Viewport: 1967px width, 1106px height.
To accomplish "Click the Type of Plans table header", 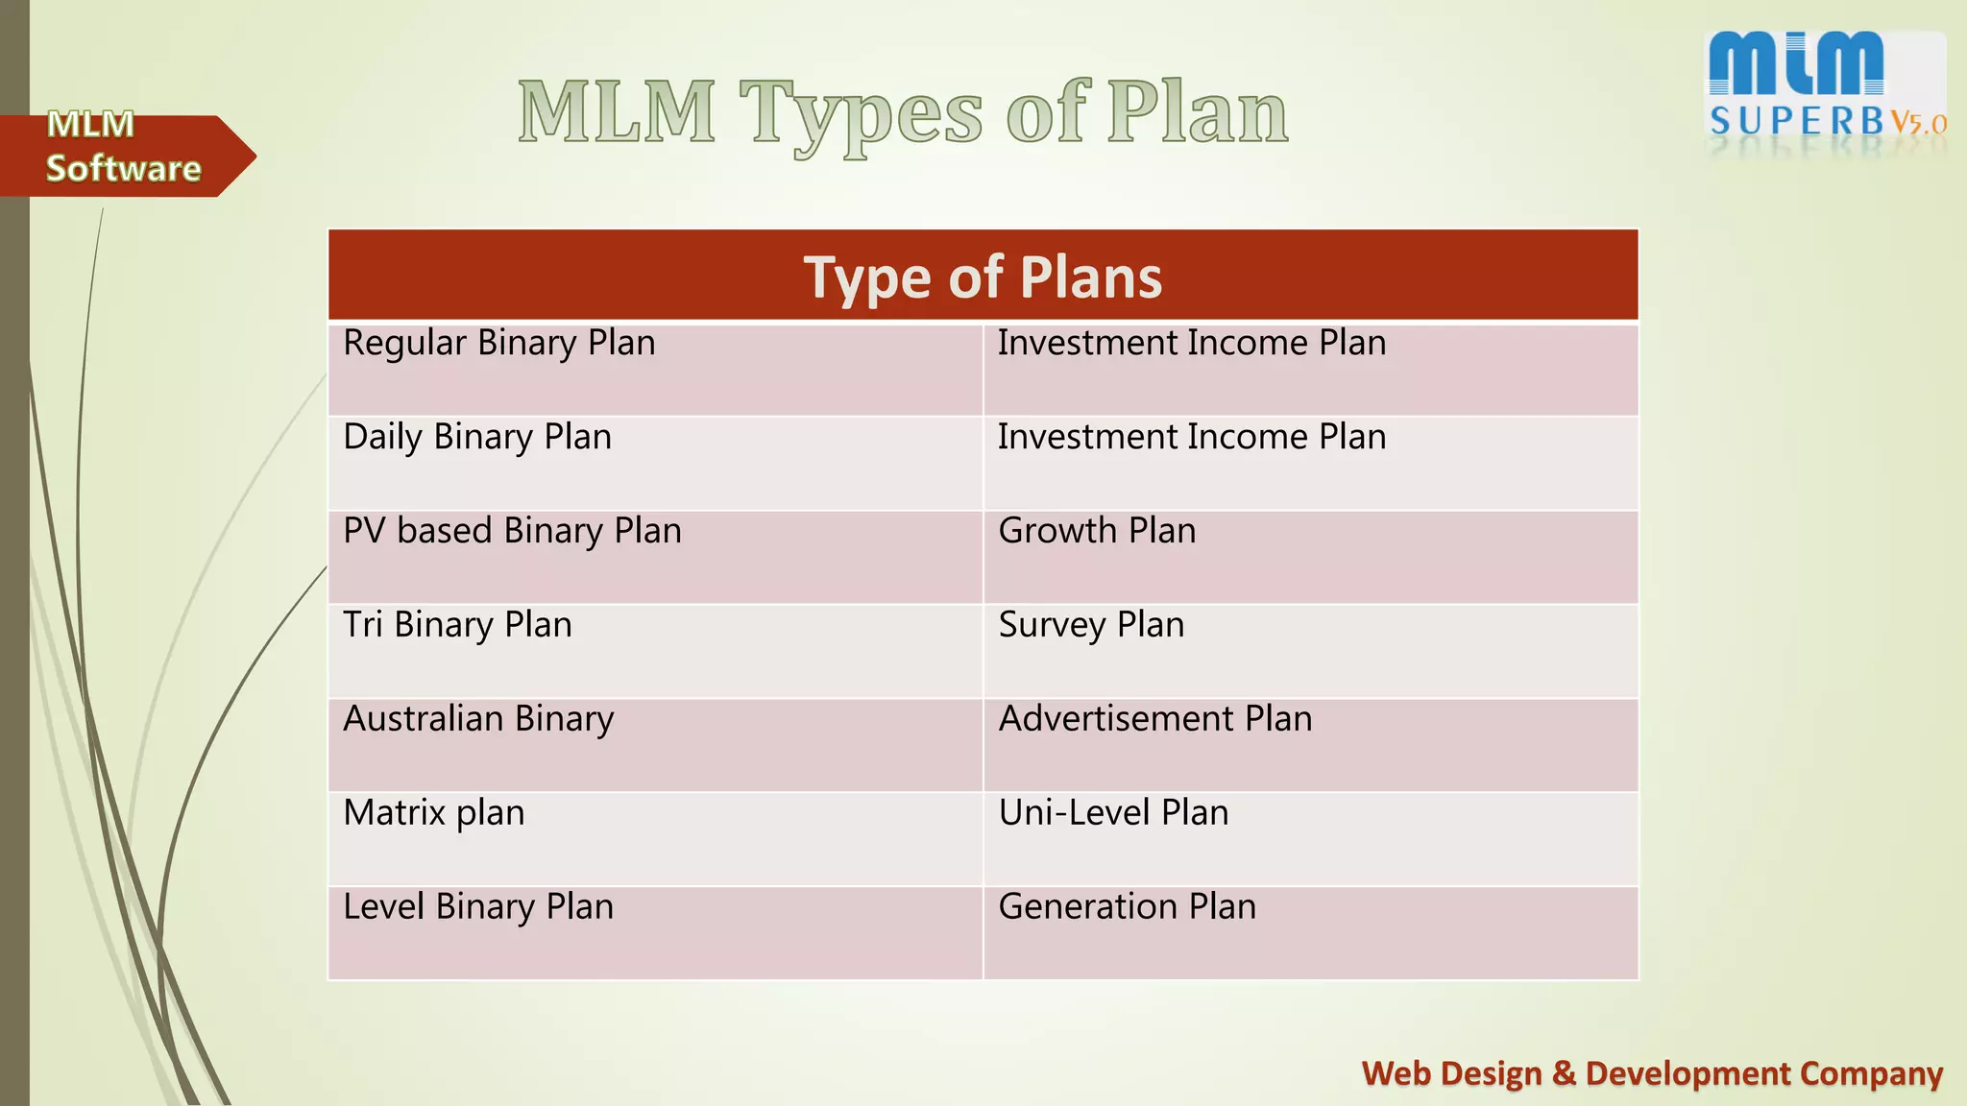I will click(x=983, y=277).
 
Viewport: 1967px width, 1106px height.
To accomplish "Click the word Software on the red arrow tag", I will click(x=123, y=169).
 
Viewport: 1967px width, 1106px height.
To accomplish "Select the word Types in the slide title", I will click(x=861, y=115).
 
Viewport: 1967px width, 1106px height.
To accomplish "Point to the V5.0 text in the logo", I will click(x=1918, y=123).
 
